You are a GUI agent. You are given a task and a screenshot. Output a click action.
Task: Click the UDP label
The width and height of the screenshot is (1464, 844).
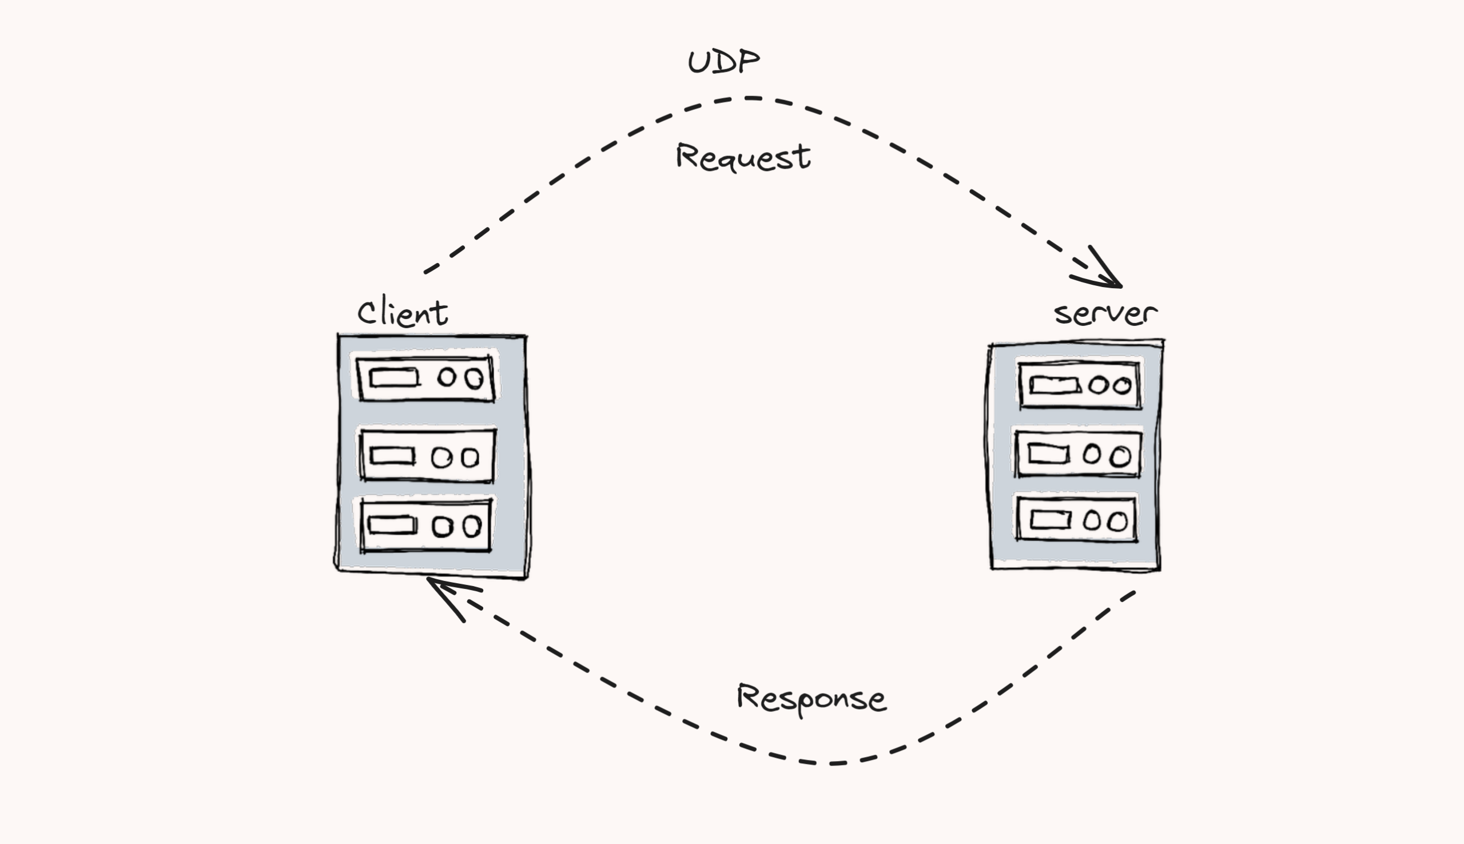pyautogui.click(x=723, y=62)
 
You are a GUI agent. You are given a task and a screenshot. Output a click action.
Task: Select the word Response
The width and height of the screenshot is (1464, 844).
pyautogui.click(x=810, y=699)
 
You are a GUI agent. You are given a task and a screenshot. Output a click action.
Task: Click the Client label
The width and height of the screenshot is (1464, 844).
pyautogui.click(x=402, y=313)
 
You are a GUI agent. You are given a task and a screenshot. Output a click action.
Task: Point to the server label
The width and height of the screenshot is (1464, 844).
pyautogui.click(x=1105, y=313)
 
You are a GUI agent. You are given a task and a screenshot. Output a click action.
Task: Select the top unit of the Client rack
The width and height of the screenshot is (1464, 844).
pyautogui.click(x=426, y=379)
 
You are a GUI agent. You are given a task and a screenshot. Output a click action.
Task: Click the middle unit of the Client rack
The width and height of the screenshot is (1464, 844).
pyautogui.click(x=427, y=456)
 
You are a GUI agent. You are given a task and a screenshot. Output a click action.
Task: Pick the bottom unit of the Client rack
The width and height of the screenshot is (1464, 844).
pyautogui.click(x=426, y=525)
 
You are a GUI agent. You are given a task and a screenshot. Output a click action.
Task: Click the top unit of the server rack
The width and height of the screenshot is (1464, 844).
pyautogui.click(x=1079, y=385)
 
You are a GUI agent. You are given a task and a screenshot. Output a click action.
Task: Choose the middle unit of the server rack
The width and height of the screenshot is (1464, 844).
pyautogui.click(x=1077, y=454)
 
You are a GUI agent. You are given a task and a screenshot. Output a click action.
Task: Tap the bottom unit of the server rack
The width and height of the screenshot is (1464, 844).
pyautogui.click(x=1076, y=519)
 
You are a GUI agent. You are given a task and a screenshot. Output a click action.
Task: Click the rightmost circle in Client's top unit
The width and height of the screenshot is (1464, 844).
pyautogui.click(x=474, y=379)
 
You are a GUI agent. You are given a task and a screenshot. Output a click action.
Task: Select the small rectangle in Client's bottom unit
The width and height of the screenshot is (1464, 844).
pyautogui.click(x=392, y=524)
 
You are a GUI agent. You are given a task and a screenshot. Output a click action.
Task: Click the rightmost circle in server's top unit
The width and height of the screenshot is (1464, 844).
pyautogui.click(x=1121, y=386)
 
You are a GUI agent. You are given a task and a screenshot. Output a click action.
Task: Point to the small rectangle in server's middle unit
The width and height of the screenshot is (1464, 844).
pyautogui.click(x=1048, y=454)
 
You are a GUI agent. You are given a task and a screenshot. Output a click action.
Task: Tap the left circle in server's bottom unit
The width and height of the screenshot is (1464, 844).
pyautogui.click(x=1091, y=520)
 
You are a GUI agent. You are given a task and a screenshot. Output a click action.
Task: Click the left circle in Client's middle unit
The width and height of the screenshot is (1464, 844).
pyautogui.click(x=441, y=458)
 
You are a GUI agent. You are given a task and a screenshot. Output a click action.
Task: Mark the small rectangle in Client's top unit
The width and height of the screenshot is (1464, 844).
pyautogui.click(x=394, y=379)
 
